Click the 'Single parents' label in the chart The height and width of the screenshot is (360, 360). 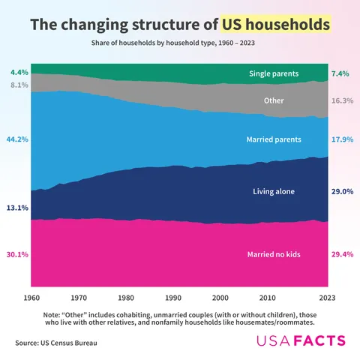[274, 73]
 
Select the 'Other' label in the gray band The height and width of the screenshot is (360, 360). [274, 100]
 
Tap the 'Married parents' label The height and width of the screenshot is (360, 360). [274, 139]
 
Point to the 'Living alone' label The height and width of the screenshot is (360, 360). [274, 191]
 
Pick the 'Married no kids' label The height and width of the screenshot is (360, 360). [274, 254]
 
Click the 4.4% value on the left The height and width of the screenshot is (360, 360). [19, 73]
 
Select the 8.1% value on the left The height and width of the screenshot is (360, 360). [19, 85]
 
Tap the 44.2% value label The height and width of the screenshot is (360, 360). [17, 139]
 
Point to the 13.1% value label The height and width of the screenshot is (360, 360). [17, 208]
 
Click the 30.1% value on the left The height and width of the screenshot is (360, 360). [17, 254]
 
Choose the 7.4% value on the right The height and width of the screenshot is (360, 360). [342, 73]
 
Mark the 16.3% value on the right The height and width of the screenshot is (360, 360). [342, 100]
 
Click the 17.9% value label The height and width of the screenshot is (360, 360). [342, 139]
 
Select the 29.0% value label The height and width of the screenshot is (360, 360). [342, 191]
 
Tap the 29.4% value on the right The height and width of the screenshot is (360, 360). [342, 254]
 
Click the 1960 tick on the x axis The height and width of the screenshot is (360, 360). [31, 298]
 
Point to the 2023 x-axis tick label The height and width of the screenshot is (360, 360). [327, 298]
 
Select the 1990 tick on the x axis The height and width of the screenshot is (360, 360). [173, 298]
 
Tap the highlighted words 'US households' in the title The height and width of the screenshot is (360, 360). [275, 25]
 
